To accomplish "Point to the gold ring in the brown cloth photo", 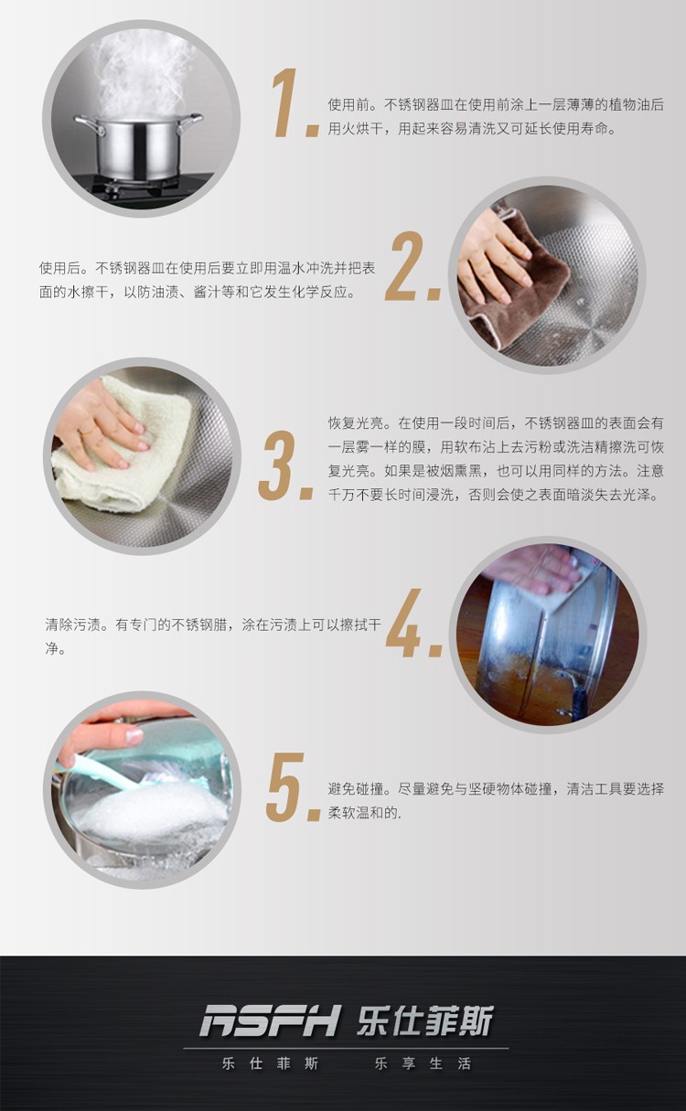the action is pos(479,263).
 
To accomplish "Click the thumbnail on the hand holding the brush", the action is pos(134,735).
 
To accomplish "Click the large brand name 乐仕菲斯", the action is pos(425,1020).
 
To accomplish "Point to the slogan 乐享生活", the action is pos(423,1063).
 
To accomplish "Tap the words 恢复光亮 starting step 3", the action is pos(356,423).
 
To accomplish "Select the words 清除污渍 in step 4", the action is pos(73,625).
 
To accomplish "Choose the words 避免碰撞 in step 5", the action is pos(356,788).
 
